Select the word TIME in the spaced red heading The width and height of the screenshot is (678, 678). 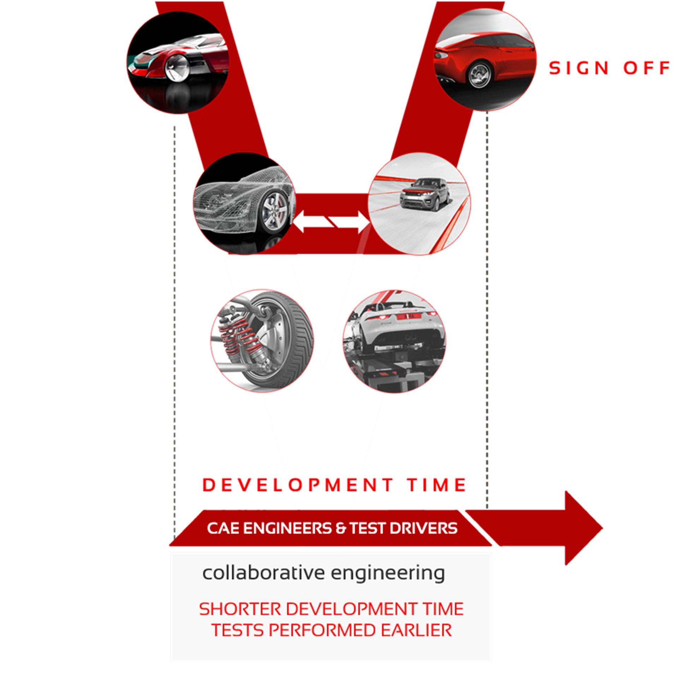tap(437, 485)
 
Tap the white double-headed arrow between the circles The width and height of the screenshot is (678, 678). tap(331, 222)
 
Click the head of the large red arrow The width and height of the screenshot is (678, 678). tap(583, 528)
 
